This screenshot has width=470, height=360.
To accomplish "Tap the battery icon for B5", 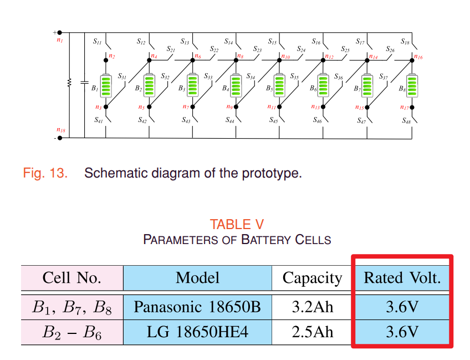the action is point(280,85).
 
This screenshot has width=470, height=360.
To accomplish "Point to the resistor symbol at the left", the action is point(69,83).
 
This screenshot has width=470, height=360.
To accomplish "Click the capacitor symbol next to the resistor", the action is point(84,83).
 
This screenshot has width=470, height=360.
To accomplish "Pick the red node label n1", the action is point(60,41).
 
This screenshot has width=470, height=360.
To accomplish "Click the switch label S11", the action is point(98,42).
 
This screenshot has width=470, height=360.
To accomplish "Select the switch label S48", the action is point(405,121).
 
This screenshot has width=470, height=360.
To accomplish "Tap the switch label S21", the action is point(171,50).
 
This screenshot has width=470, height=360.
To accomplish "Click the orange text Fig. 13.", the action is point(45,173).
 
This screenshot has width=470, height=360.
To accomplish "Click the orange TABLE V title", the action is point(237,224).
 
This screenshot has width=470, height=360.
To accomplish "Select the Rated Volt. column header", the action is point(402,277).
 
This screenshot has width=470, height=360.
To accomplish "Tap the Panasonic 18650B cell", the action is point(197,306).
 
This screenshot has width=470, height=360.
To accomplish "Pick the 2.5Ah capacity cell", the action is point(312,332).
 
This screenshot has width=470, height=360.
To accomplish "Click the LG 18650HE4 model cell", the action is point(197,332).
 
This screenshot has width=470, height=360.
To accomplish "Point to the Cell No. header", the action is point(72,277).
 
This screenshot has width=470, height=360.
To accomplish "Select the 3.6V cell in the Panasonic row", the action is point(402,306).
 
